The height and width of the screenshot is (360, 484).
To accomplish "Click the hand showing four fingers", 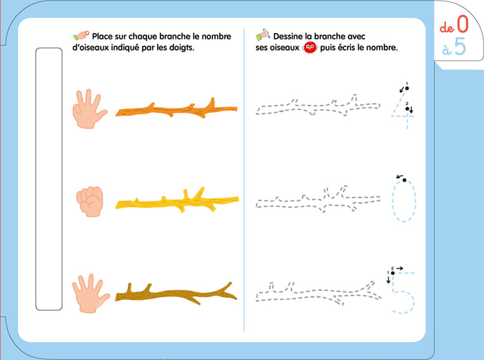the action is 89,110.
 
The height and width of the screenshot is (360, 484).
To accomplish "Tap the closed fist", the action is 90,202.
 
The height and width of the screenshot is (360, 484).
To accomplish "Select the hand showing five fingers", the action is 90,294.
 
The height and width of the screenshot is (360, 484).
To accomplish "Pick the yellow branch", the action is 177,202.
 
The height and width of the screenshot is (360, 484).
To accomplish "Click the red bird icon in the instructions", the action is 310,48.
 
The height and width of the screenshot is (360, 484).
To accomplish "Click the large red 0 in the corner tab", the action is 463,24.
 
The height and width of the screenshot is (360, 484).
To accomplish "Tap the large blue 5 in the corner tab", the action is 460,46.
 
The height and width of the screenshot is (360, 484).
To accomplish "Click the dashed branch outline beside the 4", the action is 317,106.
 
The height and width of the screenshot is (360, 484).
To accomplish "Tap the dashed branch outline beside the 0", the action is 318,200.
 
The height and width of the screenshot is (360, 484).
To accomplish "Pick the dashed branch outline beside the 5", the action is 319,293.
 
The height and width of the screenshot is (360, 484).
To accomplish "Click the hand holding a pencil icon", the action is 263,35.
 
